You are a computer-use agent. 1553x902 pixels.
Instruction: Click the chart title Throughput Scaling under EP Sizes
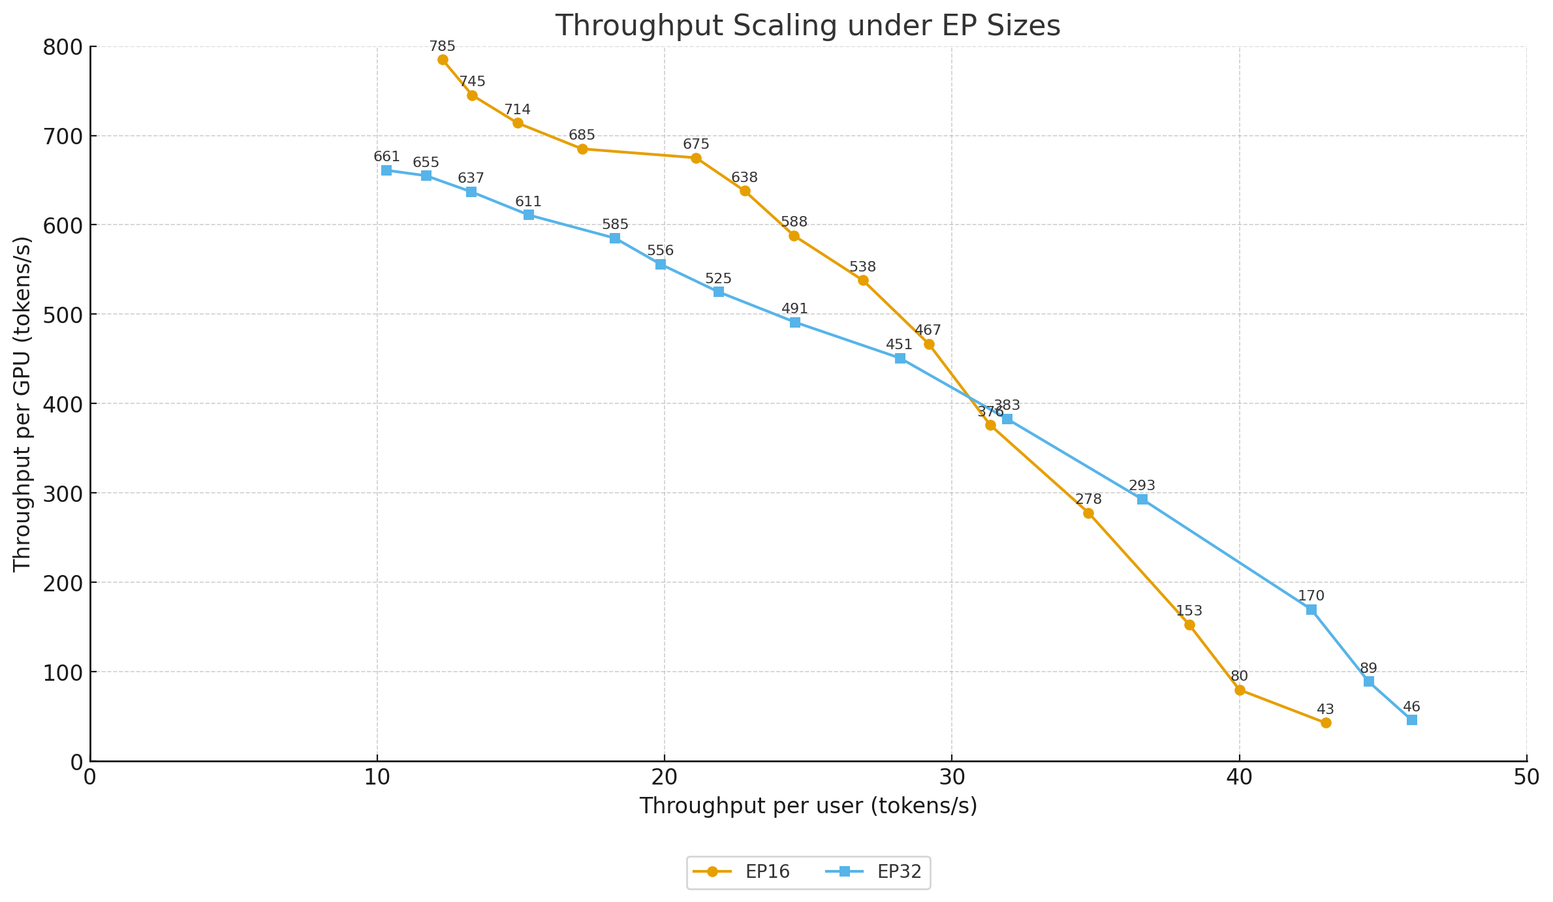[808, 27]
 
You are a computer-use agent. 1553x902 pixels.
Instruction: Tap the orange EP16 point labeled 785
[443, 60]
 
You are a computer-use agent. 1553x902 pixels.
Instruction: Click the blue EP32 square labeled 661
[386, 170]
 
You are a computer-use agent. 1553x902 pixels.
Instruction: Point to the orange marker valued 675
[696, 158]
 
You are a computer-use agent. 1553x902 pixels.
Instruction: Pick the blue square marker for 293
[1142, 499]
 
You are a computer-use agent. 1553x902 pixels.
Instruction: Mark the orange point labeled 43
[1325, 723]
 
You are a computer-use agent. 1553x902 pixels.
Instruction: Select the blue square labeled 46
[1411, 720]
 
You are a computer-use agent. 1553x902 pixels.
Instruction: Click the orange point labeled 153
[1189, 625]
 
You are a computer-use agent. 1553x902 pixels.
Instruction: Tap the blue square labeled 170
[1311, 610]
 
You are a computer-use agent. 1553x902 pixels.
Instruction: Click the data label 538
[862, 267]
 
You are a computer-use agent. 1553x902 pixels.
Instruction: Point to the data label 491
[794, 309]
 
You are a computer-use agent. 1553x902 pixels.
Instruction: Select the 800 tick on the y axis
[62, 47]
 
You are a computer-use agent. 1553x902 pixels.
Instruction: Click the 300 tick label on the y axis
[62, 493]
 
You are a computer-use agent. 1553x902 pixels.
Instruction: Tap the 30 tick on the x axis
[952, 777]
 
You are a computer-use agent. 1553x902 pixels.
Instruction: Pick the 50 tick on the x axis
[1526, 777]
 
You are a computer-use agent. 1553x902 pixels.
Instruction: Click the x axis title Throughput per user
[808, 806]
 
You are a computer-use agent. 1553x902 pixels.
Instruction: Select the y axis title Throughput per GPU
[23, 403]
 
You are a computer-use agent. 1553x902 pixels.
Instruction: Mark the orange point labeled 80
[1240, 690]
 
